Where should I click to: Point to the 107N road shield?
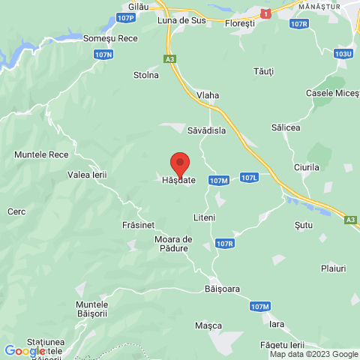[x=104, y=55]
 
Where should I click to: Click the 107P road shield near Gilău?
[x=127, y=16]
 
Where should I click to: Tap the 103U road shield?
[x=344, y=54]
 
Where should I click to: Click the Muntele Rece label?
[x=41, y=154]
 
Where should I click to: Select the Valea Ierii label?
[x=87, y=175]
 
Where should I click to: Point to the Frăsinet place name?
[x=137, y=224]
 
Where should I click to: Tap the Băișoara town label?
[x=226, y=288]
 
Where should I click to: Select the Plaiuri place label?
[x=332, y=268]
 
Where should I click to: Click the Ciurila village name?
[x=307, y=167]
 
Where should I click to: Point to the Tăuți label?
[x=264, y=70]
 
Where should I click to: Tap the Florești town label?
[x=241, y=24]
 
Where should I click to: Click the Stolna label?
[x=146, y=75]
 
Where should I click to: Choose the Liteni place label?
[x=204, y=217]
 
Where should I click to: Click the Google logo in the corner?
[x=25, y=351]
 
